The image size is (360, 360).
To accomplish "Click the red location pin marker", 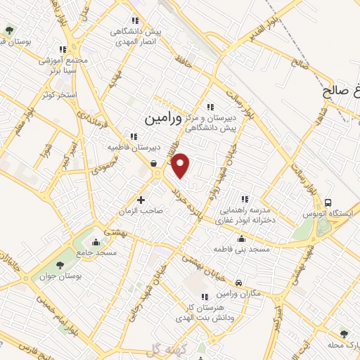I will pos(181,165).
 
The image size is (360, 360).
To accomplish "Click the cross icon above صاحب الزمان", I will pos(141,200).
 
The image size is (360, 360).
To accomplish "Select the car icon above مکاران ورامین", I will pos(239,283).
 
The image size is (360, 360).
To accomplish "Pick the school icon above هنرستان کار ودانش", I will pos(205,297).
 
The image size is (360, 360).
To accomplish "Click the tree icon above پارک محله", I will pos(343,334).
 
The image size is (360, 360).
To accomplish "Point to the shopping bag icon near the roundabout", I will pos(153,163).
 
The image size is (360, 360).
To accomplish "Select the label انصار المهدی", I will pos(136,41).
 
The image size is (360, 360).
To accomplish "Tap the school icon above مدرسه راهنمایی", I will pos(245,199).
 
